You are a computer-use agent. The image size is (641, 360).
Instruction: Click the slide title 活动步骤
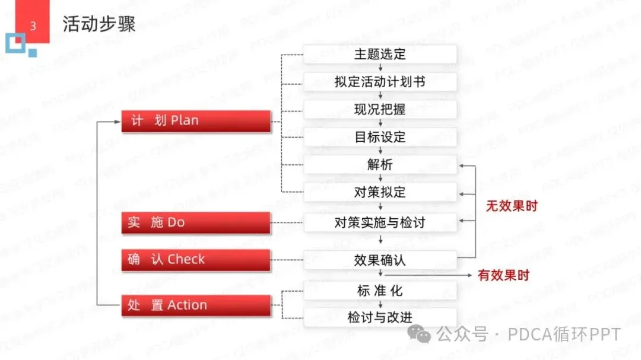[99, 24]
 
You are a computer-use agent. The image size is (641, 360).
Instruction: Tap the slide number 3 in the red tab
[33, 26]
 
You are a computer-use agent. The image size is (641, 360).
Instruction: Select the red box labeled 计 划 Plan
[196, 120]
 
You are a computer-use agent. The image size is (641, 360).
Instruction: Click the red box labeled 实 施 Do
[196, 222]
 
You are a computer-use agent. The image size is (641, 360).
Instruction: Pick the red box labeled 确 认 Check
[196, 259]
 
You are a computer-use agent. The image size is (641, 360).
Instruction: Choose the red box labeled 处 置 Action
[196, 305]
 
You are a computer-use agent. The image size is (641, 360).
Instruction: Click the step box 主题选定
[380, 54]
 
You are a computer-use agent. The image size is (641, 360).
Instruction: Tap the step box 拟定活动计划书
[380, 82]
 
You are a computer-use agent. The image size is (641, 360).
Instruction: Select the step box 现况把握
[380, 110]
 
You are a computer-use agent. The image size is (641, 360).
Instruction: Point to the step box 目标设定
[380, 137]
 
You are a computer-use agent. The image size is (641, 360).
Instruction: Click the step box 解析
[380, 165]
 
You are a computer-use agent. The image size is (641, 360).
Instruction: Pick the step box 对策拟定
[380, 192]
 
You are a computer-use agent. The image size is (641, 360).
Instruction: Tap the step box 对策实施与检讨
[380, 223]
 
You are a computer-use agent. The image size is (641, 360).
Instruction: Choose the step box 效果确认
[380, 260]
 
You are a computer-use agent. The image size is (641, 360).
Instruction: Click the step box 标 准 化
[380, 291]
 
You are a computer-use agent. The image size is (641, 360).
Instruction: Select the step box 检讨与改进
[380, 317]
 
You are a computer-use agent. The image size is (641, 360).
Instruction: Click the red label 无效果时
[512, 207]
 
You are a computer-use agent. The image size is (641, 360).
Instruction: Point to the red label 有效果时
[503, 275]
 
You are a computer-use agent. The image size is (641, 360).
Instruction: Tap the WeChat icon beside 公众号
[424, 335]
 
